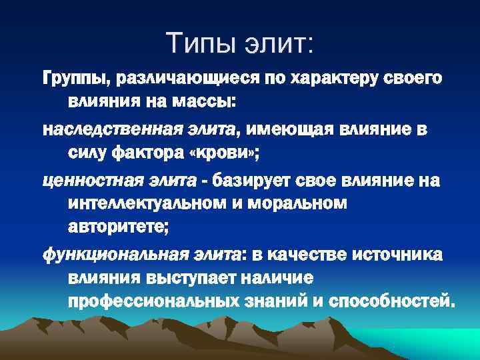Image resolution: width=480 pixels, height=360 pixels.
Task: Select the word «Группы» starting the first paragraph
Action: click(75, 79)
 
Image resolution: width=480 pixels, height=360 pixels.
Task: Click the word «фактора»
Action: click(157, 153)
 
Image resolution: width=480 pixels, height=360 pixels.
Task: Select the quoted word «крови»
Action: click(227, 153)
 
